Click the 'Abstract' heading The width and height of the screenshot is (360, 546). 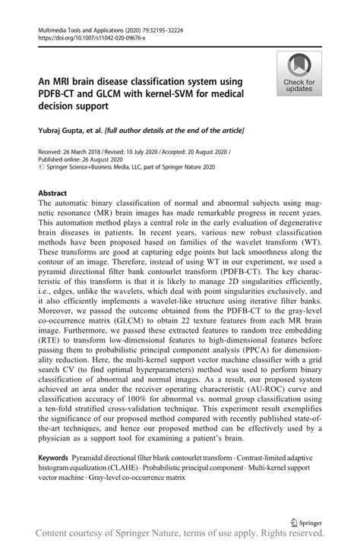(x=55, y=194)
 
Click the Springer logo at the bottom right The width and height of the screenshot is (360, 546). (x=306, y=522)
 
